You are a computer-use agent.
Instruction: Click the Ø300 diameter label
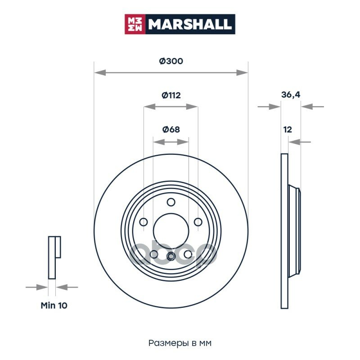tap(171, 61)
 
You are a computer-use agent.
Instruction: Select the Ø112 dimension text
tap(171, 95)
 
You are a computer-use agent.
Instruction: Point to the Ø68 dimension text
tap(171, 130)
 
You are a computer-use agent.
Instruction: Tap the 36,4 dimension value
tap(291, 94)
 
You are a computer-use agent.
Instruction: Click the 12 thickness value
tap(288, 130)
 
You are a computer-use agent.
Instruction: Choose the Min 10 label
tap(54, 306)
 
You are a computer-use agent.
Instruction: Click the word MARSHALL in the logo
tap(189, 24)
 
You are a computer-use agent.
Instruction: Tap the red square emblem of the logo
tap(135, 24)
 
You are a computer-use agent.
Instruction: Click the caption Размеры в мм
tap(180, 343)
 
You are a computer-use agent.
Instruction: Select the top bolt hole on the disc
tap(171, 202)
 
